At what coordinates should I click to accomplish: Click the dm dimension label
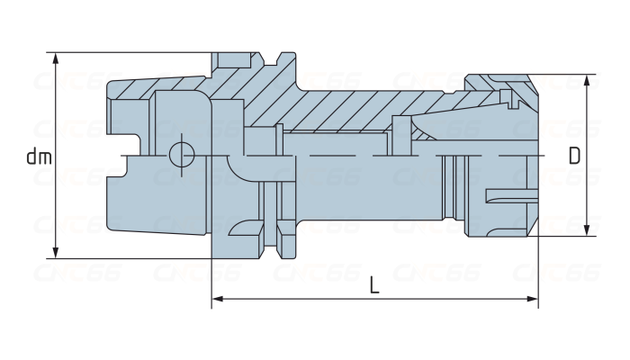(x=39, y=157)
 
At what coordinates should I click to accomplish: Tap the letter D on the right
(x=573, y=155)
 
